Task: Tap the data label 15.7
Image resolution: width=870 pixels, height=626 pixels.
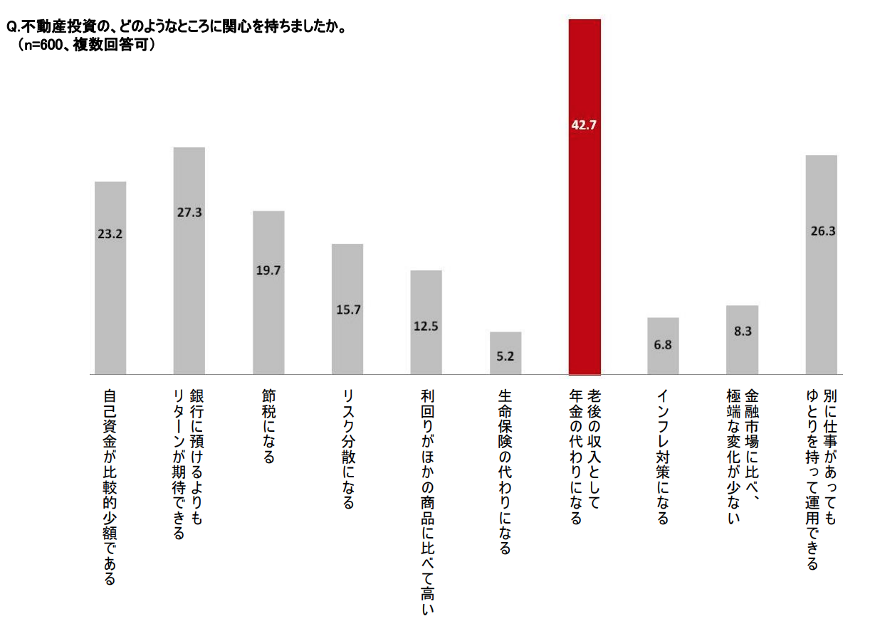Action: tap(347, 309)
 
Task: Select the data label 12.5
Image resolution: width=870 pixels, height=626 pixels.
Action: tap(426, 327)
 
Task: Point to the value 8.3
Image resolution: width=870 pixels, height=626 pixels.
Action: tap(742, 331)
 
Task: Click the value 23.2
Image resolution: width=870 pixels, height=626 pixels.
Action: tap(110, 233)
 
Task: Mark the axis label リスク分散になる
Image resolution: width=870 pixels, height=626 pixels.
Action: tap(347, 448)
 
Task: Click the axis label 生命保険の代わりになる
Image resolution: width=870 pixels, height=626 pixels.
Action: tap(505, 471)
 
